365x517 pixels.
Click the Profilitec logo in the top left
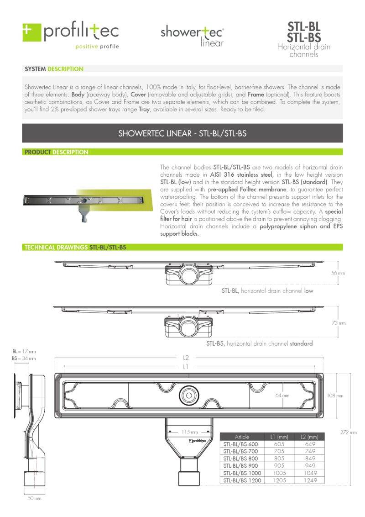(70, 33)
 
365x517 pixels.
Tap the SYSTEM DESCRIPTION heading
(54, 69)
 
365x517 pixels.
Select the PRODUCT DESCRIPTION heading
(57, 152)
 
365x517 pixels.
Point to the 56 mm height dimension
(338, 273)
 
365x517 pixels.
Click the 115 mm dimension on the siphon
(189, 432)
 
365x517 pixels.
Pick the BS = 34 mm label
(24, 359)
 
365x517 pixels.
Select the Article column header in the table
(242, 437)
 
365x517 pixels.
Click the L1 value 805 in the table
(279, 458)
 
